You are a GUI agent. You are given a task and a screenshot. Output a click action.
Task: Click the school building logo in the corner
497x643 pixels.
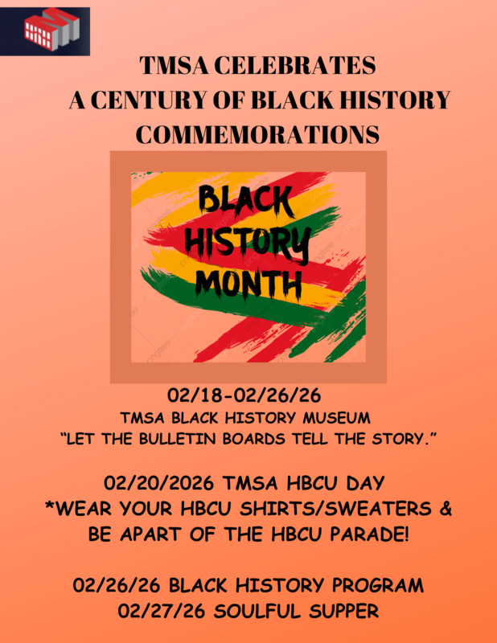(50, 30)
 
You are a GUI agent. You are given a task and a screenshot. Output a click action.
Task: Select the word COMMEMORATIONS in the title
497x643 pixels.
(257, 134)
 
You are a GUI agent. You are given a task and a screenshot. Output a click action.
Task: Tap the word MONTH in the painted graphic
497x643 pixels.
(248, 282)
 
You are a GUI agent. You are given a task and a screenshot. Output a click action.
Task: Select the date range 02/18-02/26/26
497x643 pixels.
(248, 397)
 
